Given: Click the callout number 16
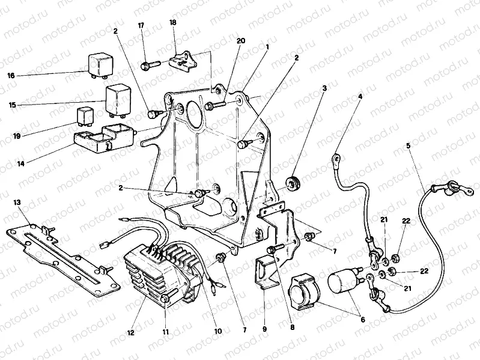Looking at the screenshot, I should [11, 76].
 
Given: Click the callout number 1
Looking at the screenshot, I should [267, 46].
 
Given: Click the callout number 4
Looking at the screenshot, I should [360, 96].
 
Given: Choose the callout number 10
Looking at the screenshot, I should [217, 331].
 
